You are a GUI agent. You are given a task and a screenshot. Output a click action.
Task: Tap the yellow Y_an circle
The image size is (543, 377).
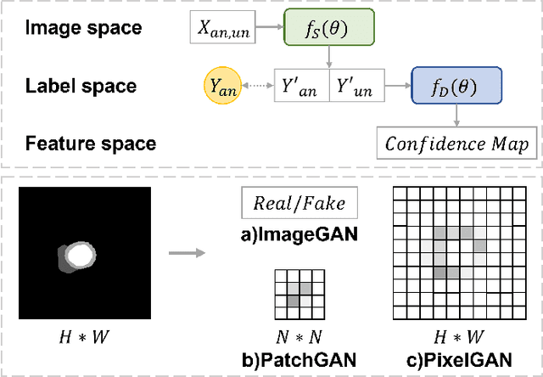pos(223,86)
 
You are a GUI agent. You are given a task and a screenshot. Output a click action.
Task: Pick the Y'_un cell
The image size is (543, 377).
pos(356,87)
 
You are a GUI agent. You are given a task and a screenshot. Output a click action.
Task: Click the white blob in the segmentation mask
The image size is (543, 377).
pos(79,255)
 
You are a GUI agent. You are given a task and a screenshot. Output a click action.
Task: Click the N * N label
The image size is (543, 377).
pos(293,334)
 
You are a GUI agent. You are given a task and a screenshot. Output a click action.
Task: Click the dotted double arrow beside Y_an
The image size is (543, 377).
pos(258,86)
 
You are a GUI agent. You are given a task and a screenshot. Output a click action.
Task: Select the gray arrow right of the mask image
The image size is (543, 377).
pos(187,252)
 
